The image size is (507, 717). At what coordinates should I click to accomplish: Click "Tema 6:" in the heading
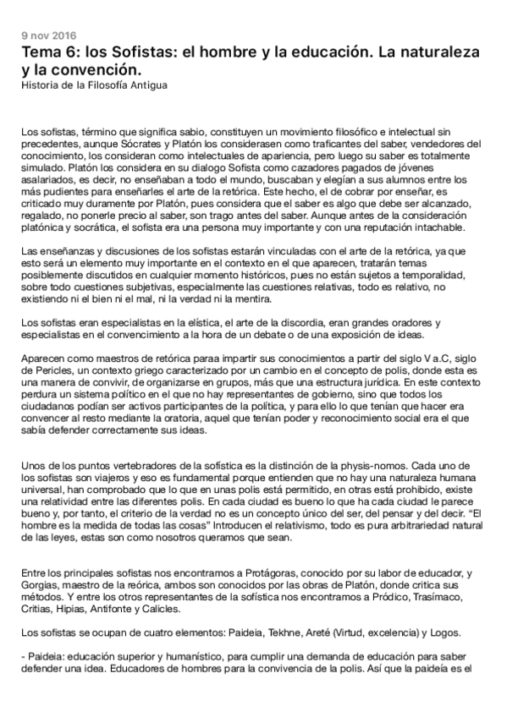click(x=52, y=52)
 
